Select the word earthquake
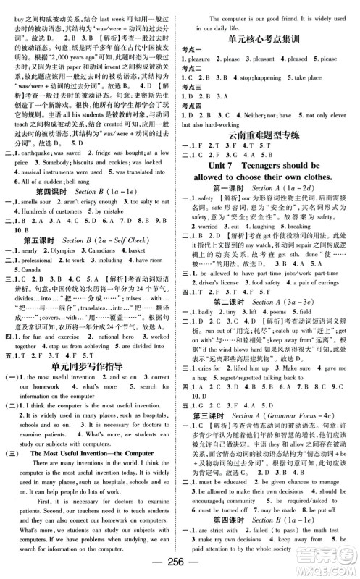point(41,153)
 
